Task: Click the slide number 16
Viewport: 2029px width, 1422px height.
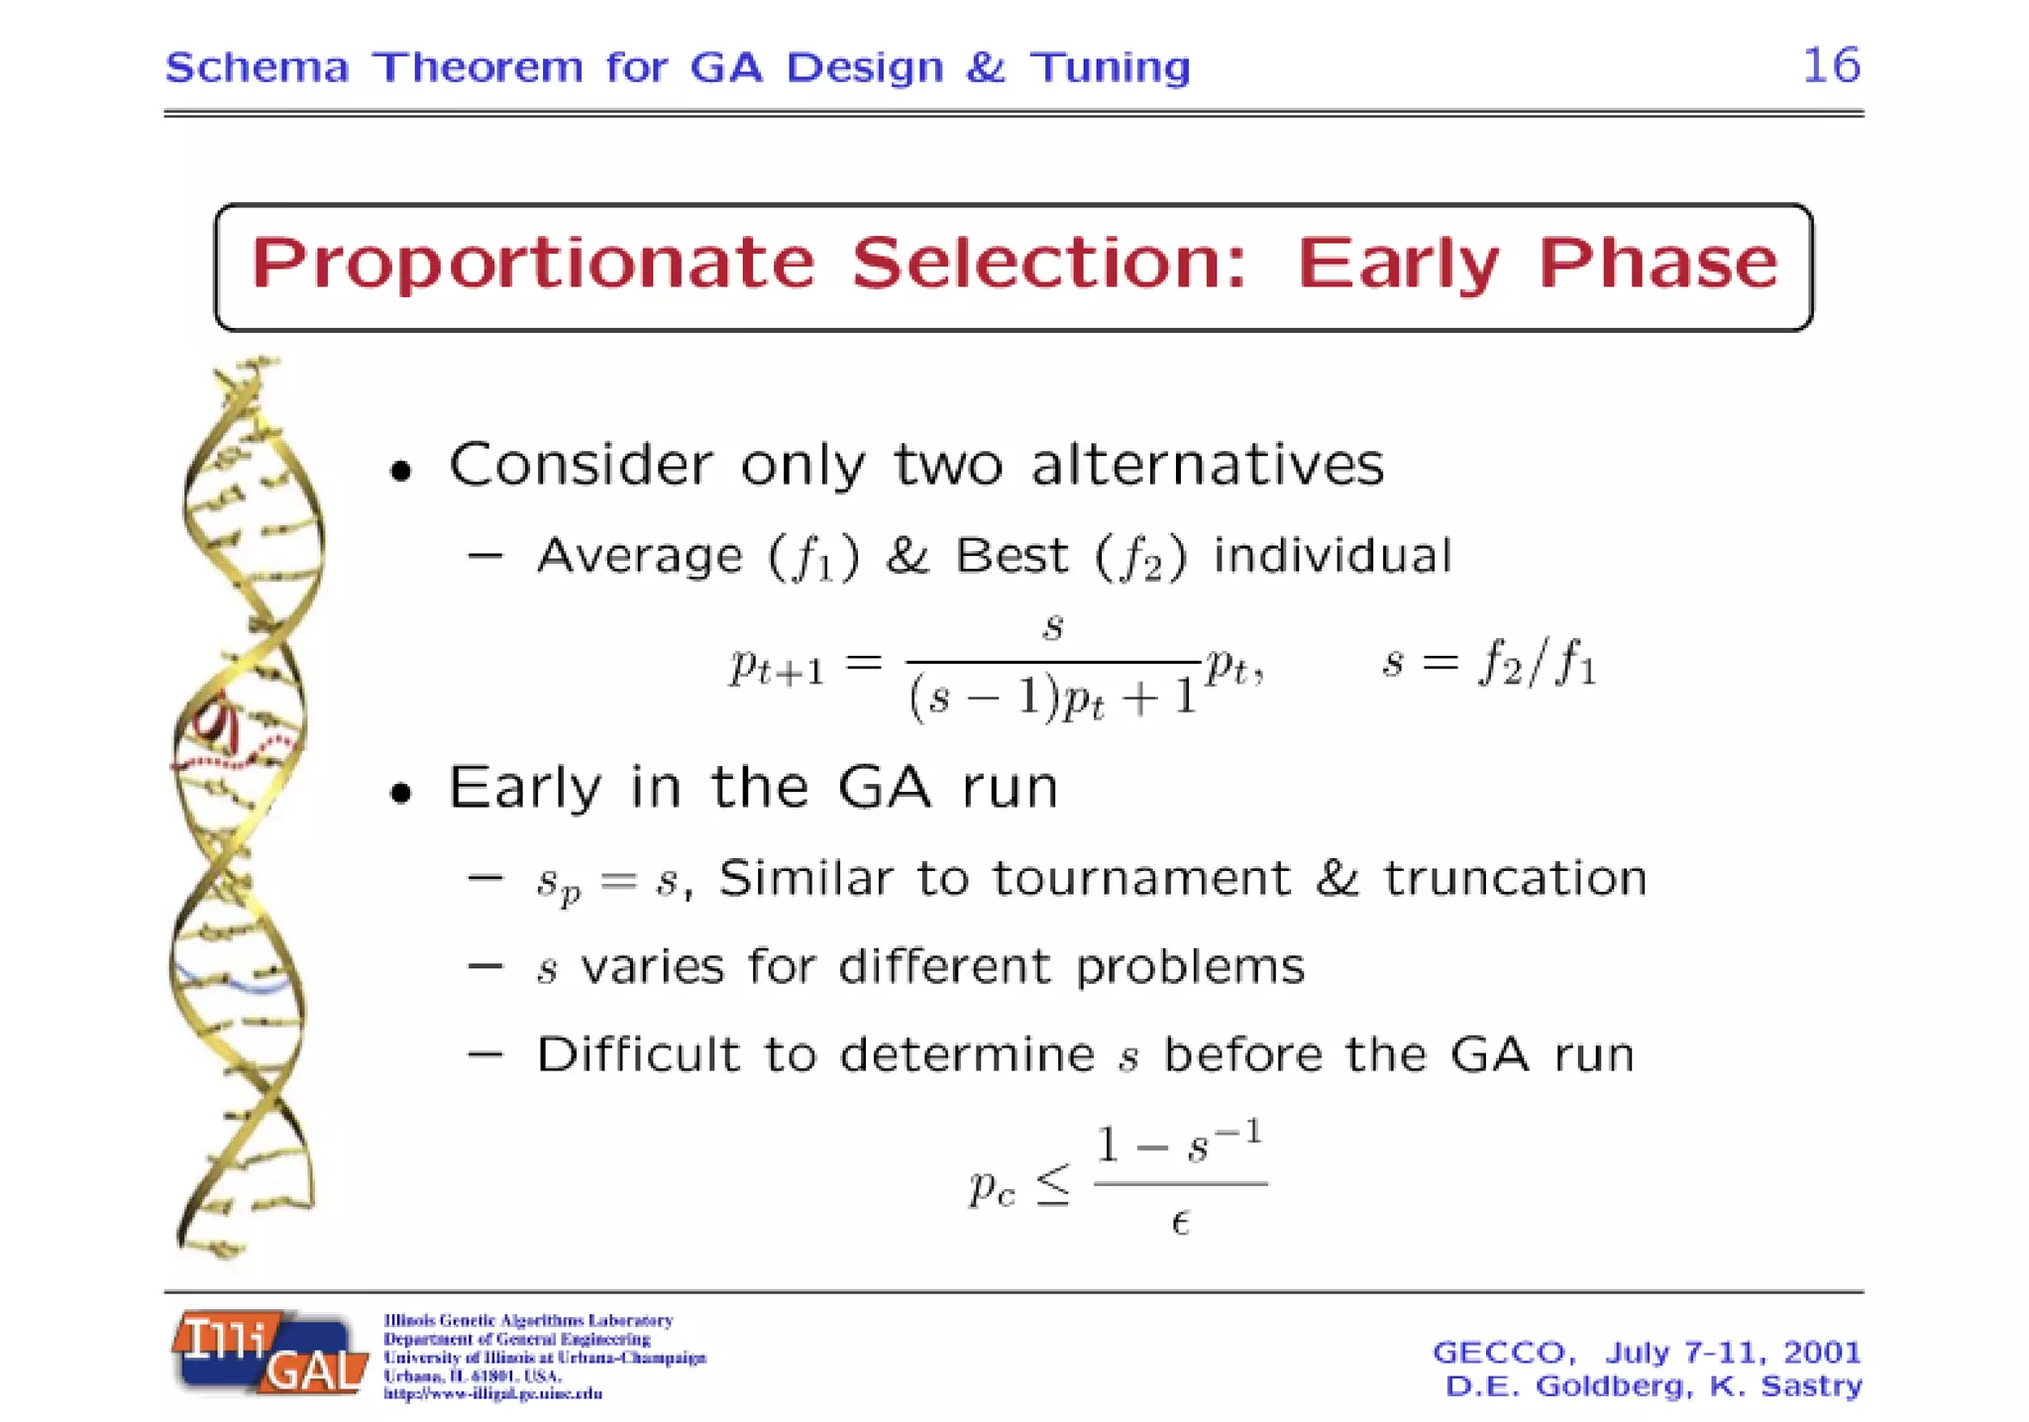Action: pos(1831,66)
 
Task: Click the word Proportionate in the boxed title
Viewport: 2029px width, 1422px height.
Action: pos(533,264)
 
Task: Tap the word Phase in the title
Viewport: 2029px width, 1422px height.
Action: pos(1657,264)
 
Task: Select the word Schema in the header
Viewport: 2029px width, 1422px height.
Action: pos(257,68)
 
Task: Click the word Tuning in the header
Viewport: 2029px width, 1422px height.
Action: pos(1110,68)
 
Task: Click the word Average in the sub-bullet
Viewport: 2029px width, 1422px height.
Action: pos(639,556)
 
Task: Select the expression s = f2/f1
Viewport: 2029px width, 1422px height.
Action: pos(1489,662)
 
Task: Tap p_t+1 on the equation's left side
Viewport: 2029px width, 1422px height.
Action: pos(777,666)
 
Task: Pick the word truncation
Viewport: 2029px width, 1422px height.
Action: pos(1515,878)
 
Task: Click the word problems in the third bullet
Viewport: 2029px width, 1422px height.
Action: pos(1190,966)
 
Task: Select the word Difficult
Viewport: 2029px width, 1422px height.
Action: pos(638,1054)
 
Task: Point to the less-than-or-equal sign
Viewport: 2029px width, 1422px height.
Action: pos(1053,1185)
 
